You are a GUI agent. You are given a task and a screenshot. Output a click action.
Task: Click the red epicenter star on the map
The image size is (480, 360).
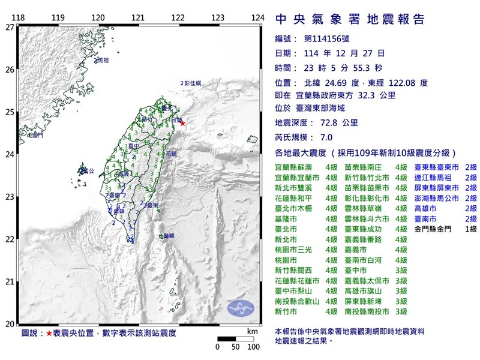(x=183, y=124)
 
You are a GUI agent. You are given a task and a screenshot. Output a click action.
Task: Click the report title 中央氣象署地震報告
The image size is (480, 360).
(x=350, y=19)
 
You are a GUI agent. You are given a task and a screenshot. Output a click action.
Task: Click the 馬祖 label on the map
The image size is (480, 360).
(x=103, y=61)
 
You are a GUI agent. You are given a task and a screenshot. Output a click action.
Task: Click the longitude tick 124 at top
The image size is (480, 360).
(x=257, y=17)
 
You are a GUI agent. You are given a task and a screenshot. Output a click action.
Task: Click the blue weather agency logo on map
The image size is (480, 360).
(x=240, y=308)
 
